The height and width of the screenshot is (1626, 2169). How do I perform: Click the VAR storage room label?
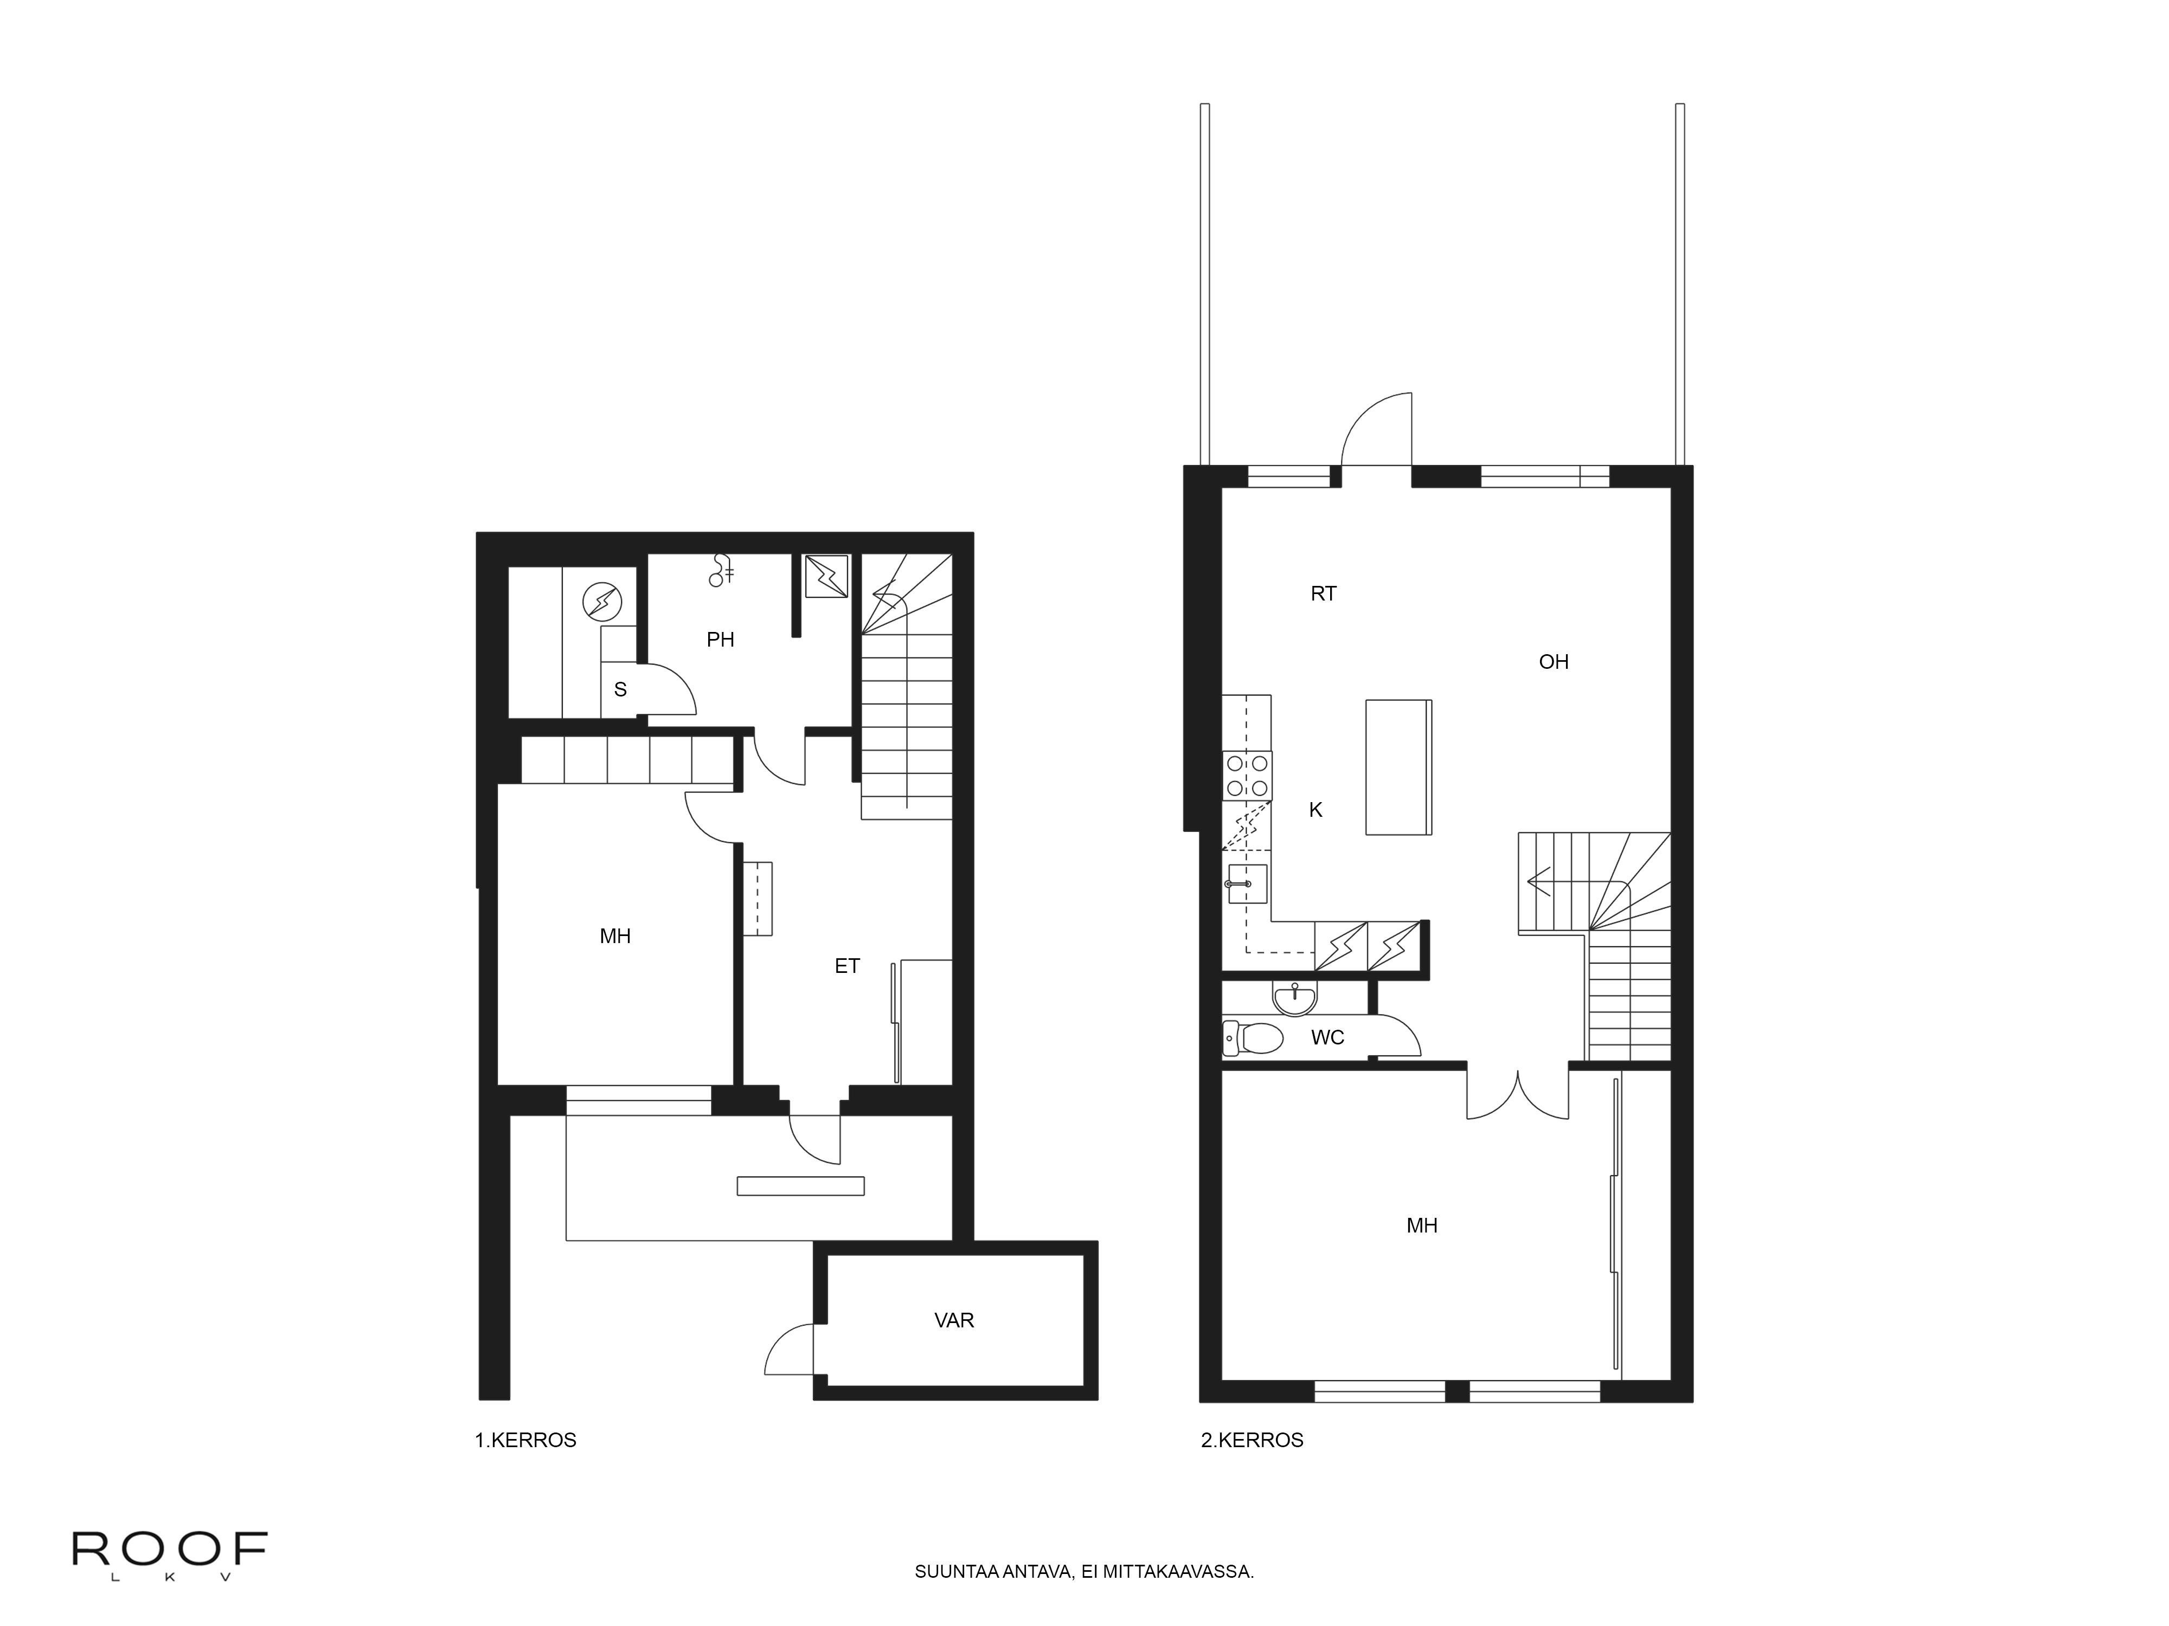point(953,1320)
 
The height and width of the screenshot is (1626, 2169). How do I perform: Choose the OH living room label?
point(1553,662)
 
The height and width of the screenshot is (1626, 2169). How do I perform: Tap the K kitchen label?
point(1316,810)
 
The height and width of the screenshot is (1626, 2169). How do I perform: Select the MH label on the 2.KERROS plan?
point(1422,1225)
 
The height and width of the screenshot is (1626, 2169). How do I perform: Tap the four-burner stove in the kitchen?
point(1246,775)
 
